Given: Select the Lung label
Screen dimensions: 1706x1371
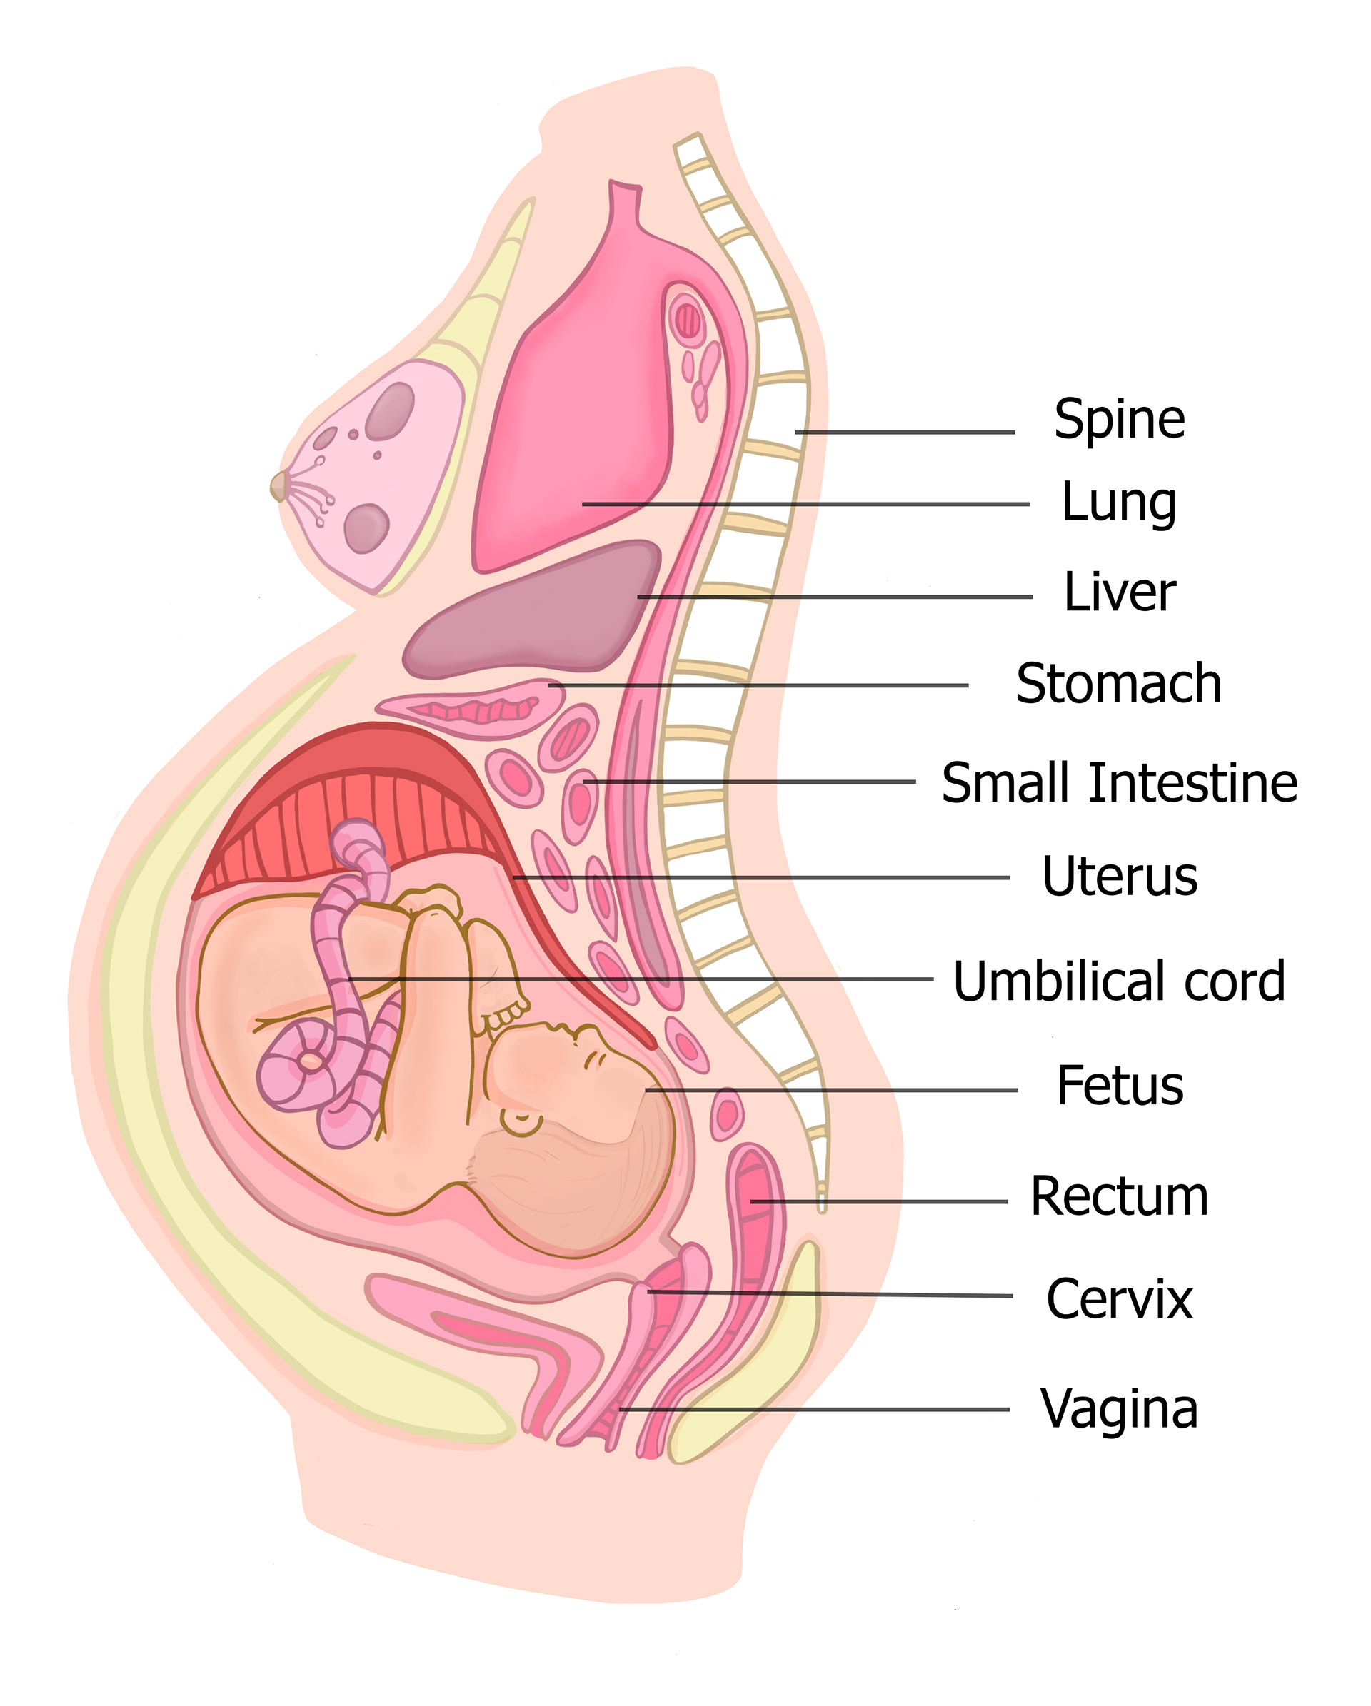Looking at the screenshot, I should coord(1118,503).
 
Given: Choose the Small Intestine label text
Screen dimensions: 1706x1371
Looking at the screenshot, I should coord(1119,782).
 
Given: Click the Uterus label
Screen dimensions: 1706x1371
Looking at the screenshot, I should coord(1119,876).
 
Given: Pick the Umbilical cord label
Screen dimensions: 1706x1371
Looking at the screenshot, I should coord(1118,981).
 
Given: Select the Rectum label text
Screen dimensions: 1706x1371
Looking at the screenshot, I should coord(1119,1196).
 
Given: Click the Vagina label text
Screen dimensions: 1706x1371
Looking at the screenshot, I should coord(1118,1408).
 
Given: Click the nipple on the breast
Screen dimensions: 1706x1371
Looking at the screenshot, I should coord(278,486).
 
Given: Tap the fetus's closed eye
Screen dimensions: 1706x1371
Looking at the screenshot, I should coord(592,1060).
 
